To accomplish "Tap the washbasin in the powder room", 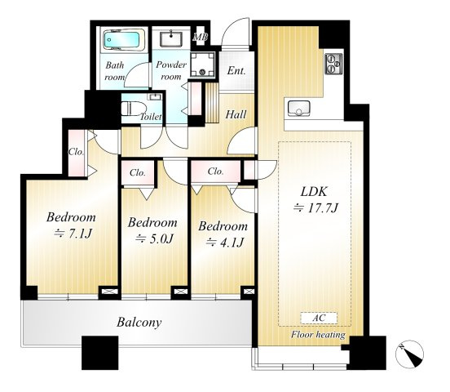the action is (171, 39).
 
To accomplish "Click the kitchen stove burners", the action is (333, 64).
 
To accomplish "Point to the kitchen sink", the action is (298, 108).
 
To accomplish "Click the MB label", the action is (201, 37).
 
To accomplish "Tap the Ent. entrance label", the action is (236, 71).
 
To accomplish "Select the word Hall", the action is (236, 114).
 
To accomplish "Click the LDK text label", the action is (314, 192).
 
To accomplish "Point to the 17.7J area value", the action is (316, 207).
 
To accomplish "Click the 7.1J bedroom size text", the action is (73, 234).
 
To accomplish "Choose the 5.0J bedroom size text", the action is (155, 238).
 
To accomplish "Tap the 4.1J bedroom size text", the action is (225, 243).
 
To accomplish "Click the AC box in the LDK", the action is (319, 318).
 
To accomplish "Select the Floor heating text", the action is (318, 335).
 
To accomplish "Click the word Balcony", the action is (139, 322).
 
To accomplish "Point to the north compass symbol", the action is (409, 354).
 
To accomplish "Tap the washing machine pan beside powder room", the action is (203, 65).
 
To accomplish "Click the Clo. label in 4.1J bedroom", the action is (215, 171).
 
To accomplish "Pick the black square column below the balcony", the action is (100, 353).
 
